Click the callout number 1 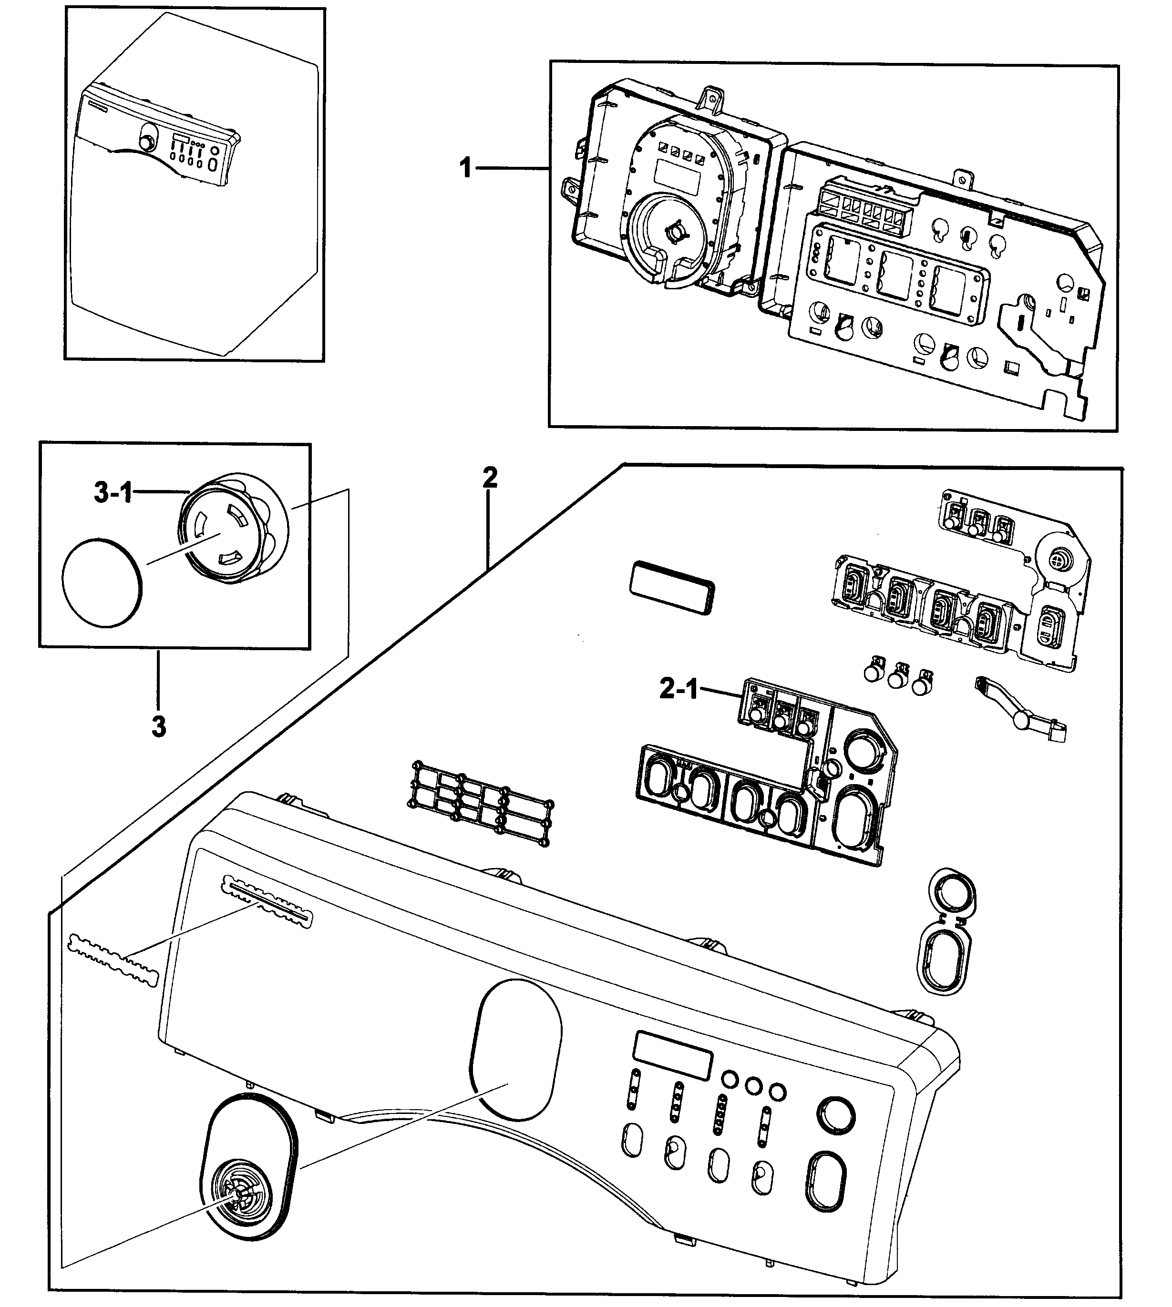(x=465, y=169)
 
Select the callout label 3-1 (x=113, y=493)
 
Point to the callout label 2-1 (x=678, y=690)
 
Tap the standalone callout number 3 (x=158, y=727)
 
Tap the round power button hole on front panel (x=835, y=1115)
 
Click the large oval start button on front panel (x=827, y=1184)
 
